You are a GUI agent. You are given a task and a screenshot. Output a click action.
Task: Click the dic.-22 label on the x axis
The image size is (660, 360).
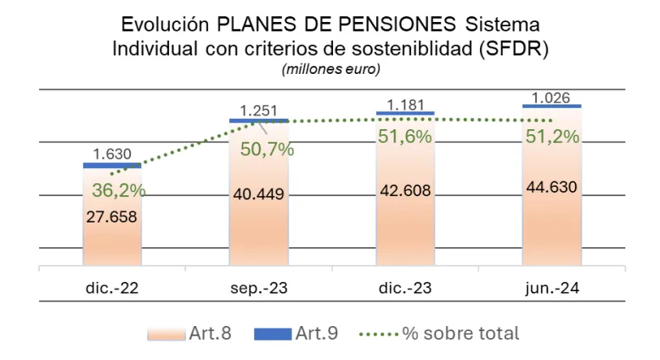click(x=112, y=290)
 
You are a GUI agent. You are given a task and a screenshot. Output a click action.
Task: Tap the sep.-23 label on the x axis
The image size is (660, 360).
click(x=257, y=290)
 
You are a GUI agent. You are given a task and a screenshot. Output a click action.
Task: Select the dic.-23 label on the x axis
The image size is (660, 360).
click(x=405, y=290)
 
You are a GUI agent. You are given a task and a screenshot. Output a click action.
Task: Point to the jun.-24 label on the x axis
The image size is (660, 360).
click(x=551, y=290)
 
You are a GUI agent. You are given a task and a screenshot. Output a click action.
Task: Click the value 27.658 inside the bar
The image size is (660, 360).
click(x=112, y=217)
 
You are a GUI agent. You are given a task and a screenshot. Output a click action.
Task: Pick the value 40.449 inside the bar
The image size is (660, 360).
click(x=258, y=194)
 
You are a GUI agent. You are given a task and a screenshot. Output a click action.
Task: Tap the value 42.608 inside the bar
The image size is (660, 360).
click(x=405, y=189)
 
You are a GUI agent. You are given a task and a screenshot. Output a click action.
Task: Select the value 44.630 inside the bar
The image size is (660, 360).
click(x=551, y=186)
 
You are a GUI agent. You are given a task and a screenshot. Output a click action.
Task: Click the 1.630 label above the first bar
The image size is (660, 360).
click(x=112, y=155)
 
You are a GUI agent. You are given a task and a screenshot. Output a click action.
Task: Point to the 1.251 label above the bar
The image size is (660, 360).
click(x=259, y=110)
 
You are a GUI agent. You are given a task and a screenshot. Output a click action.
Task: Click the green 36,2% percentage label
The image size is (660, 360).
click(x=119, y=191)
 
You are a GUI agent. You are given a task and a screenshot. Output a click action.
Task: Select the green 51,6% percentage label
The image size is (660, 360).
click(x=406, y=136)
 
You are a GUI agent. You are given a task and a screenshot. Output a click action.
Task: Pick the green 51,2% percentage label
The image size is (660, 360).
click(x=552, y=136)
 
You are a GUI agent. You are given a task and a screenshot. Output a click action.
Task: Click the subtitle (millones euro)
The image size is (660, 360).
click(x=330, y=68)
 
